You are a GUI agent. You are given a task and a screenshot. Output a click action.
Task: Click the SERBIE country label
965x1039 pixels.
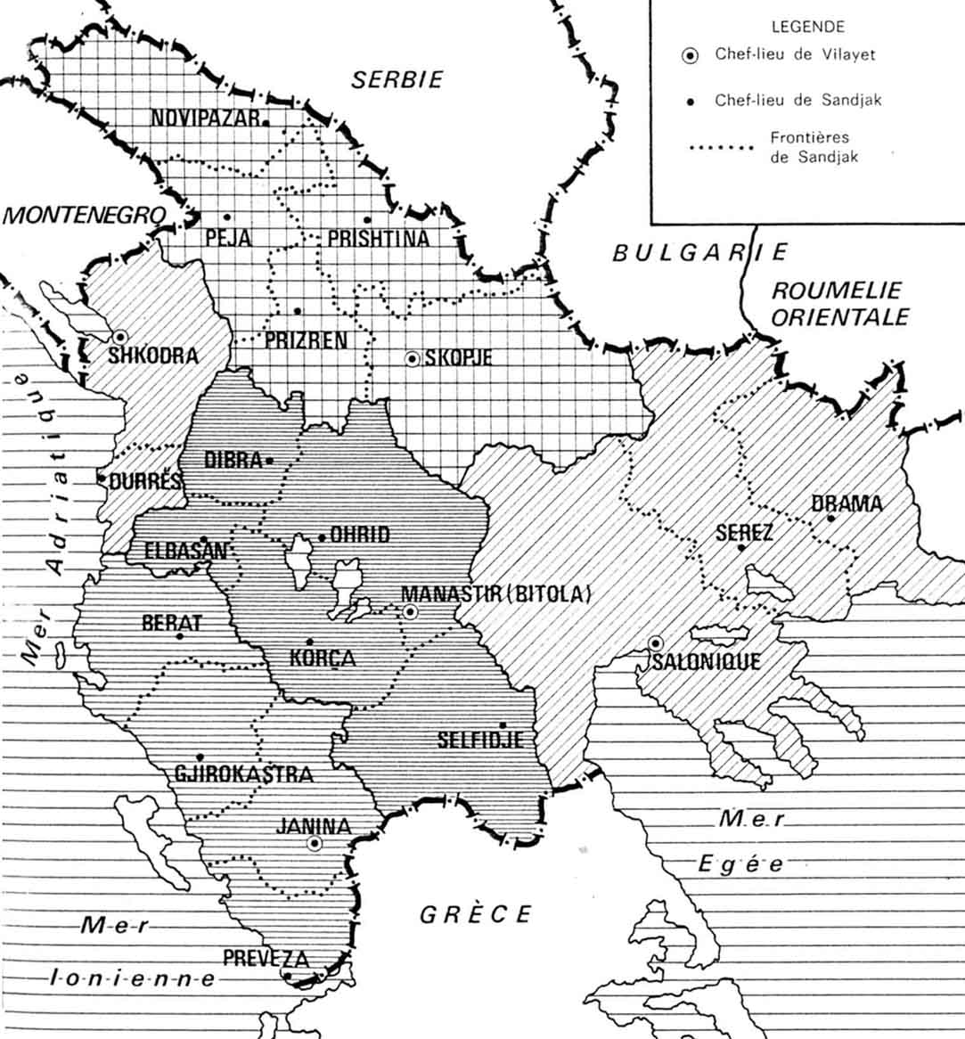click(x=397, y=79)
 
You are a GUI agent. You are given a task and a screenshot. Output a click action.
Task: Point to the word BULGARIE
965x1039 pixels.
click(x=700, y=252)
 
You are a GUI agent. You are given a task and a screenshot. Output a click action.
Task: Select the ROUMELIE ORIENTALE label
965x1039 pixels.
click(x=837, y=304)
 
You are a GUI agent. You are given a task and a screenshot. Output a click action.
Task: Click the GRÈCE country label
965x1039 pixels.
click(x=476, y=914)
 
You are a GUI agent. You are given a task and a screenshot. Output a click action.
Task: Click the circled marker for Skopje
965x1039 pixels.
click(x=412, y=359)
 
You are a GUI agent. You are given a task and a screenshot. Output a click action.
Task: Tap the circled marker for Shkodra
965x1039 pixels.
click(x=119, y=337)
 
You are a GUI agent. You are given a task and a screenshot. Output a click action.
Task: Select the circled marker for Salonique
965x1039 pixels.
click(x=656, y=642)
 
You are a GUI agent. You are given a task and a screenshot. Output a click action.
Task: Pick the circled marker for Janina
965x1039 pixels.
click(x=314, y=843)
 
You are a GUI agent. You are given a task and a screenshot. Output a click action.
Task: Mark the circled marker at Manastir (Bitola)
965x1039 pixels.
click(x=410, y=611)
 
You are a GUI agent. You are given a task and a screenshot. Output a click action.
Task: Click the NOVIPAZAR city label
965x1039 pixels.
click(x=205, y=119)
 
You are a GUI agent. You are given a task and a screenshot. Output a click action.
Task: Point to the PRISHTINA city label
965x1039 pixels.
click(x=378, y=239)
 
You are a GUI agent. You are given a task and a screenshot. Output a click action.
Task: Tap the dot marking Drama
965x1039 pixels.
click(x=830, y=519)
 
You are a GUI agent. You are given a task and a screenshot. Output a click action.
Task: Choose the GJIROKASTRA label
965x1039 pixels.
click(x=243, y=773)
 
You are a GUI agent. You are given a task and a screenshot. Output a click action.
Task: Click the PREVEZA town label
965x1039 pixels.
click(x=266, y=959)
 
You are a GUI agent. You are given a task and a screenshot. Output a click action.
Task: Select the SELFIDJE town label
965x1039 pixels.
click(x=479, y=740)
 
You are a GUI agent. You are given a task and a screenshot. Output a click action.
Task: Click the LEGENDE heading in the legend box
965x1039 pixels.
click(x=807, y=28)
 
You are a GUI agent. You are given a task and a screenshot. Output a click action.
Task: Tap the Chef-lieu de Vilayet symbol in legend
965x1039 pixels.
click(x=689, y=55)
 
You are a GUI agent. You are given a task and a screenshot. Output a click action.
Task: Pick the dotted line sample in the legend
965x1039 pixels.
click(x=723, y=148)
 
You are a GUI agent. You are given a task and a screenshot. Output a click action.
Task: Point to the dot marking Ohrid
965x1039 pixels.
click(x=323, y=537)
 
